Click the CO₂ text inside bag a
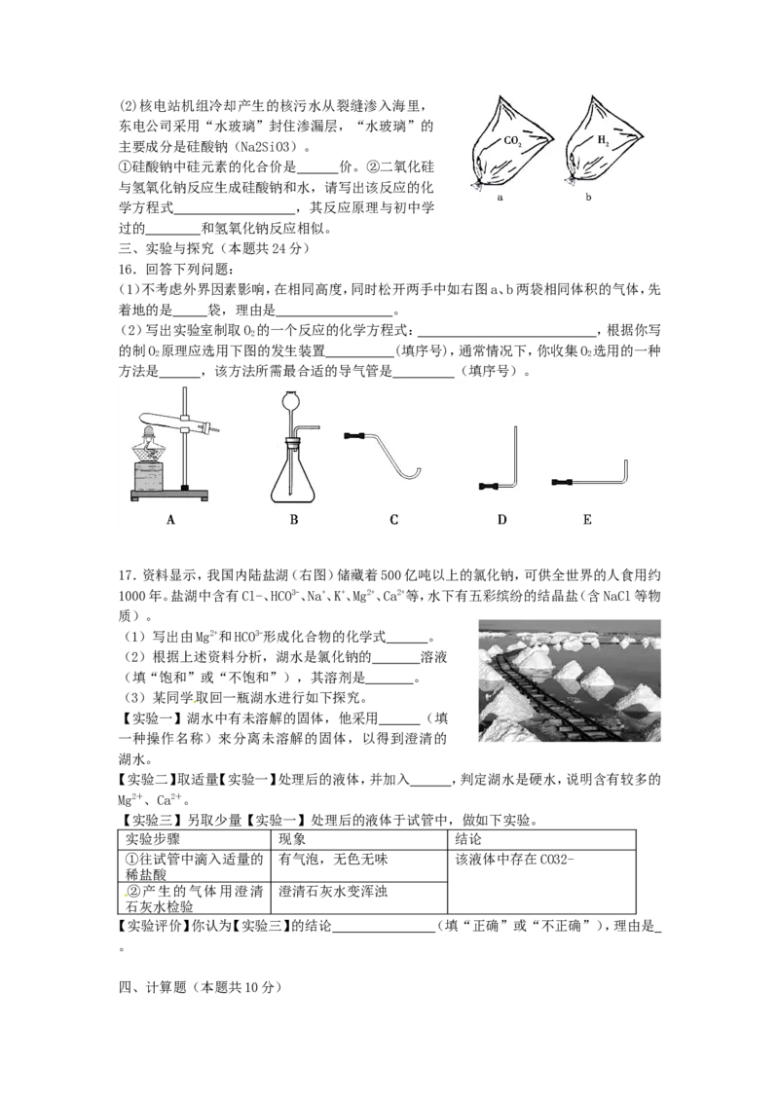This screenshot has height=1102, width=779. (512, 141)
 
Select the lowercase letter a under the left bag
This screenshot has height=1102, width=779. (500, 198)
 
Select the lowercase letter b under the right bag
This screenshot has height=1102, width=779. (588, 198)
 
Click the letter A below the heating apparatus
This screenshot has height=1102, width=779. (170, 520)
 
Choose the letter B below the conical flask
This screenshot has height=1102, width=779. (293, 520)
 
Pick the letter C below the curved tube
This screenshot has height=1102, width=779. (393, 520)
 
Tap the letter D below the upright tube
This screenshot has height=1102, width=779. (501, 520)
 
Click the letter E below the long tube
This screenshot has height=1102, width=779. (587, 520)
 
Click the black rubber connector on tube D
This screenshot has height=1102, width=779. (490, 485)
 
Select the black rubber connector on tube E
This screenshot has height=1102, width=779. (562, 482)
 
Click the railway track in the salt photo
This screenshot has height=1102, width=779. (545, 696)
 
